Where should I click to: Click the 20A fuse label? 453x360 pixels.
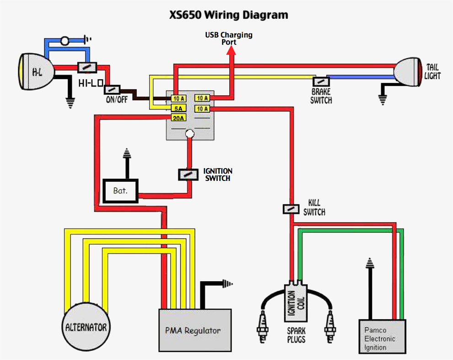pos(178,118)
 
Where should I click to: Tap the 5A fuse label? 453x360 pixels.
pos(178,109)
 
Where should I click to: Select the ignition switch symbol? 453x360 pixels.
pos(187,174)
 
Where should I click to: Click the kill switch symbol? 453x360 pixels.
pos(291,209)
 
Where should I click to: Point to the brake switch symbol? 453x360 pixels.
pos(319,82)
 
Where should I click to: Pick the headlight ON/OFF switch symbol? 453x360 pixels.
pos(112,89)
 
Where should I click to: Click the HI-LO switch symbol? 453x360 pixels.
pos(87,67)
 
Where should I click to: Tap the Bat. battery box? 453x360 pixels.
pos(120,191)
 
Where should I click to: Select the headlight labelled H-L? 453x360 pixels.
pos(36,71)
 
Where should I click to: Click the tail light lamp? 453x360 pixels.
pos(408,71)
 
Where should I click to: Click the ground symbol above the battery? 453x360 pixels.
pos(126,153)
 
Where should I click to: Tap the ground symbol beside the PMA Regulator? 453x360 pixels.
pos(226,283)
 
